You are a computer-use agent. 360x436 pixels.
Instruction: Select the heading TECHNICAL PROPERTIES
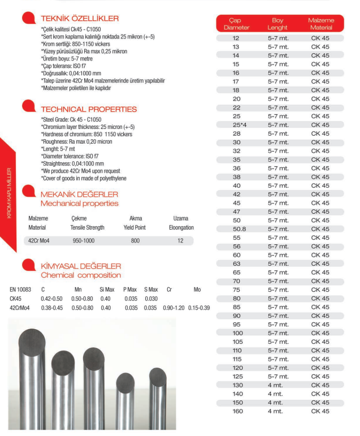point(88,109)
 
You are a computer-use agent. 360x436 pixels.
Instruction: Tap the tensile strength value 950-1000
point(84,241)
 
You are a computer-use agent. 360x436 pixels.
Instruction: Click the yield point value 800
point(135,241)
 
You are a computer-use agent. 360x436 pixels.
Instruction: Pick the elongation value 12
point(180,241)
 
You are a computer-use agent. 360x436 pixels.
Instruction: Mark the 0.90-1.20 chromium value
point(174,308)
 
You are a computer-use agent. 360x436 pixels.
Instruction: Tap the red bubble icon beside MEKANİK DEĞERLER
point(29,195)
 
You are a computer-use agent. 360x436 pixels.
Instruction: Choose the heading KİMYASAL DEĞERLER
point(81,266)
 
